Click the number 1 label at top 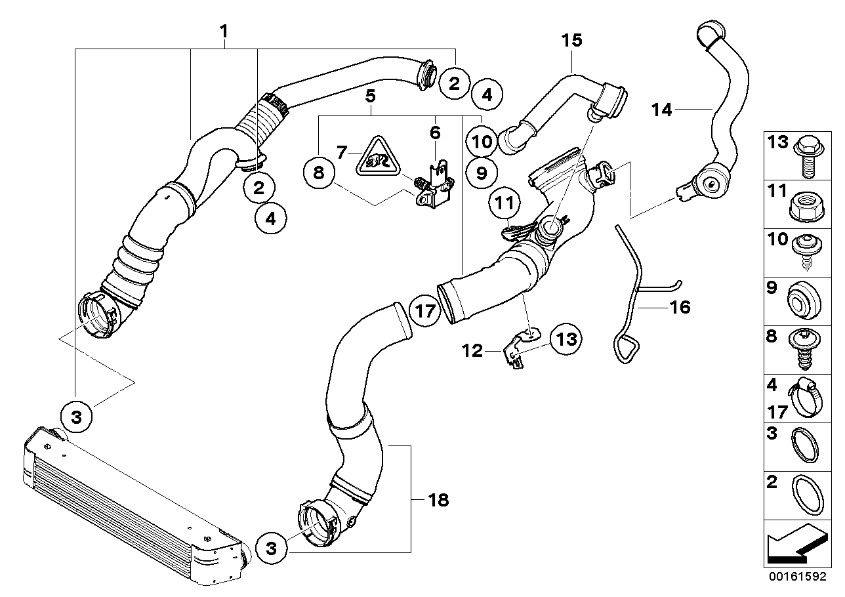(x=224, y=31)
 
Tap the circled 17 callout (x=425, y=310)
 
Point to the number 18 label (x=438, y=501)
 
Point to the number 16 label (x=680, y=306)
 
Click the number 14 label (x=662, y=110)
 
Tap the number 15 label (x=571, y=40)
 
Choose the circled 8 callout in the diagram (x=319, y=173)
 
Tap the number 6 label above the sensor (x=435, y=133)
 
